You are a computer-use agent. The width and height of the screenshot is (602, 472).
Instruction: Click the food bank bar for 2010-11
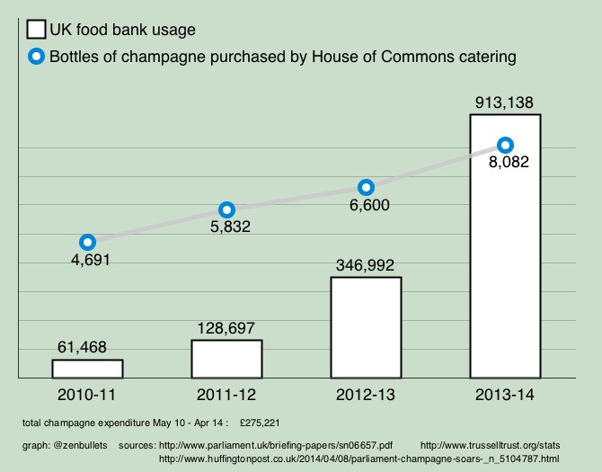pyautogui.click(x=87, y=369)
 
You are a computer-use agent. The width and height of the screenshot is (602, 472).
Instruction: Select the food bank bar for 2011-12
pyautogui.click(x=226, y=359)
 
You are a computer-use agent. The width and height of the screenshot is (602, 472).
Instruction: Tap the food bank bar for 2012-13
pyautogui.click(x=366, y=327)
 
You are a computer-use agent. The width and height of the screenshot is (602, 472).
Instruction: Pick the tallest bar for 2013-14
pyautogui.click(x=505, y=270)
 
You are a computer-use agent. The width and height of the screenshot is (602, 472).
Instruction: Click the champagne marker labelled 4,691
pyautogui.click(x=87, y=242)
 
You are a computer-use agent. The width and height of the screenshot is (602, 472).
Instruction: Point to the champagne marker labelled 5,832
pyautogui.click(x=227, y=209)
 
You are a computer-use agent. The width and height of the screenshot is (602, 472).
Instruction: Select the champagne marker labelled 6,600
pyautogui.click(x=366, y=188)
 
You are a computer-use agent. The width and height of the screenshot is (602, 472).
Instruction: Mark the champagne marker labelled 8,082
pyautogui.click(x=505, y=145)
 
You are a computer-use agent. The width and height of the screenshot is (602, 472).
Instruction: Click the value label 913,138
pyautogui.click(x=505, y=102)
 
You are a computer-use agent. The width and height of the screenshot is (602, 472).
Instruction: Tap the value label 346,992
pyautogui.click(x=364, y=265)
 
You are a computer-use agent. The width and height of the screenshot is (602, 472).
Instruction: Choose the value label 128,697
pyautogui.click(x=225, y=328)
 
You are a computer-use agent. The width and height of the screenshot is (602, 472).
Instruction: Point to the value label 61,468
pyautogui.click(x=86, y=347)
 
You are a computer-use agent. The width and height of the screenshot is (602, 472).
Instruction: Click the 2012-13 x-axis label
pyautogui.click(x=365, y=395)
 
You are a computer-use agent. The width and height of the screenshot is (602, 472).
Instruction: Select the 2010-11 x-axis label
pyautogui.click(x=87, y=395)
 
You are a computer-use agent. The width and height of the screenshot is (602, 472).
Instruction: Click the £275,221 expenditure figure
pyautogui.click(x=265, y=422)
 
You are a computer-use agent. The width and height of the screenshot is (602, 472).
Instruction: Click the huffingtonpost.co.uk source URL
pyautogui.click(x=359, y=459)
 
